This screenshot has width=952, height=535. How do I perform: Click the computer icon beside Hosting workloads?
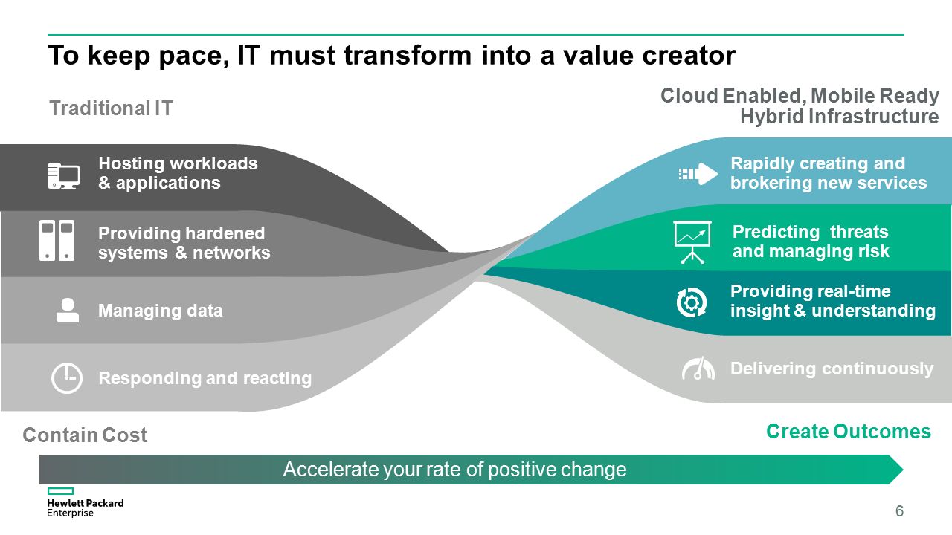point(63,175)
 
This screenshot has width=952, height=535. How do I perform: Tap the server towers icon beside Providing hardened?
point(57,240)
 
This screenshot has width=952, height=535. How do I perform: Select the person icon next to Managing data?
point(68,310)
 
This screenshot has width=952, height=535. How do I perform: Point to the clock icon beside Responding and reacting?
point(67,378)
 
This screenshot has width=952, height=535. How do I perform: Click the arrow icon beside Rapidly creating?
point(698,174)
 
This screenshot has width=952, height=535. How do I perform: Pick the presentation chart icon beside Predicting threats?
point(692,242)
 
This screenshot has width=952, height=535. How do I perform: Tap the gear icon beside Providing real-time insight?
point(692,302)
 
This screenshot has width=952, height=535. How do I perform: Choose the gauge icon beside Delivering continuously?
point(698,368)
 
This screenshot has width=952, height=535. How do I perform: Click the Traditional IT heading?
point(112,108)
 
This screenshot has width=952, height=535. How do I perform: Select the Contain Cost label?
point(85,435)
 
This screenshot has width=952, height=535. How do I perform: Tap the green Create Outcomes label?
point(849,432)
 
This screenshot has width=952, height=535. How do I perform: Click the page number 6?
point(899,510)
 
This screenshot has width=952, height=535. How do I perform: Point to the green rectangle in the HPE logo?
point(60,491)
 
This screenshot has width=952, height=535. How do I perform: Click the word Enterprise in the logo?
point(70,513)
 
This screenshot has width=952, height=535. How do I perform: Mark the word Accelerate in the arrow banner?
point(330,469)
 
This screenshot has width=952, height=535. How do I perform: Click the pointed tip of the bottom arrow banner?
point(903,470)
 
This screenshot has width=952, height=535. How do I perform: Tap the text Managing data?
point(160,311)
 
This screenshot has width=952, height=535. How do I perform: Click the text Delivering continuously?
point(832,369)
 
